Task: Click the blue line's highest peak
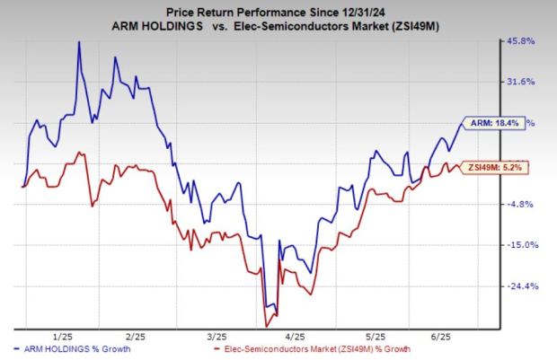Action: tap(79, 42)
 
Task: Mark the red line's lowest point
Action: tap(266, 325)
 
